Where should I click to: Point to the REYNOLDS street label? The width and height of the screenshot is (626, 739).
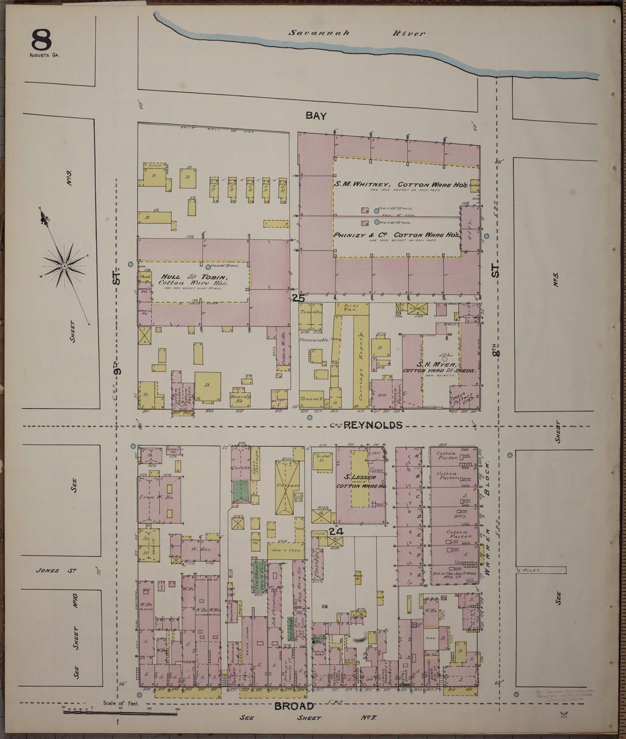pos(373,425)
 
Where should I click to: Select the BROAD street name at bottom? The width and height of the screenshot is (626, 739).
pos(294,706)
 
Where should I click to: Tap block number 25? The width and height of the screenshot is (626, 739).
pos(298,298)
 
